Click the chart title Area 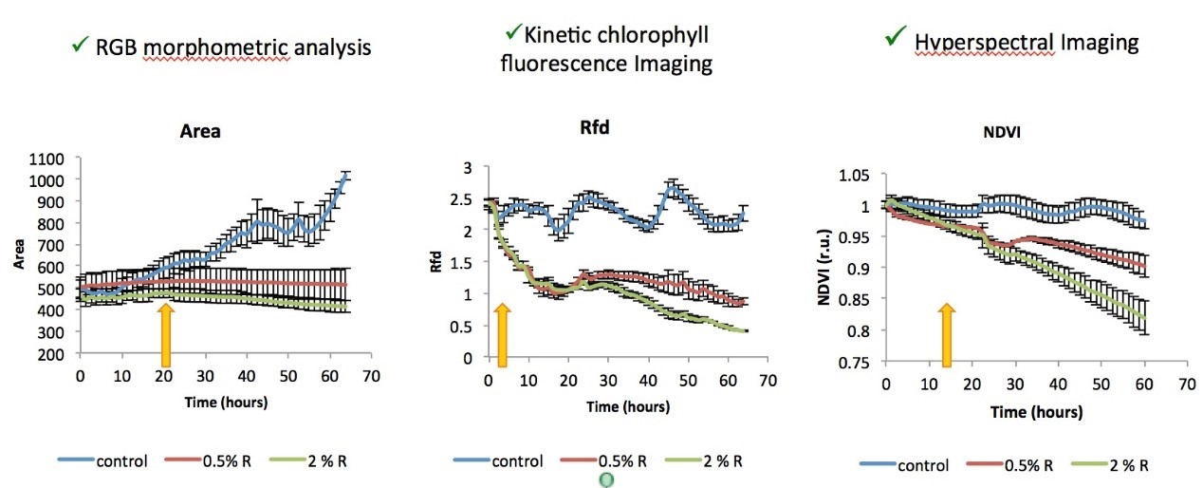click(200, 131)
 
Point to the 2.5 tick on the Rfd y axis click(467, 199)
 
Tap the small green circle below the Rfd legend click(607, 480)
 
